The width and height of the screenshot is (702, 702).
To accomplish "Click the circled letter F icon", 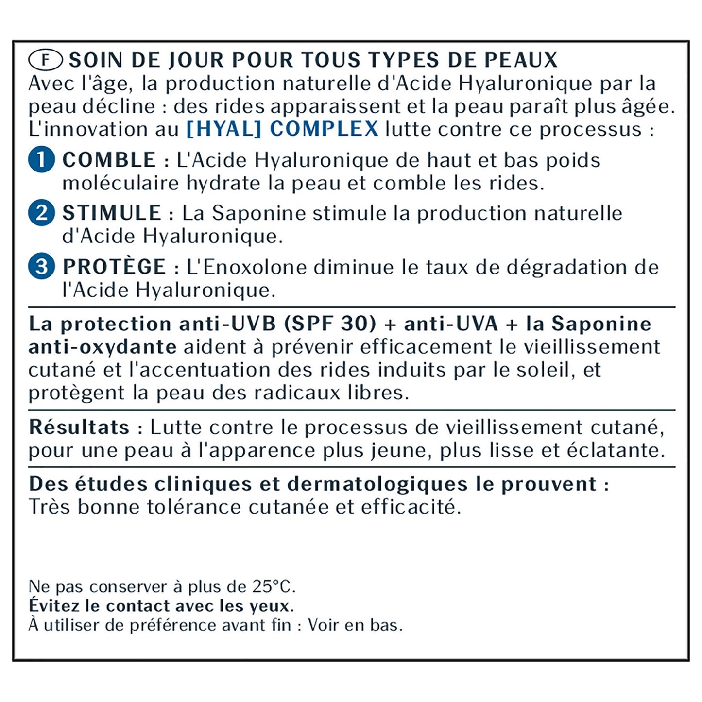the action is [46, 60].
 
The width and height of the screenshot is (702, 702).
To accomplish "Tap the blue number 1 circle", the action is [41, 159].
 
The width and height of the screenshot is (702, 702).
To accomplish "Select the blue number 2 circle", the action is [41, 213].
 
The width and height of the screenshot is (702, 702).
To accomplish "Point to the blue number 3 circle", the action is [41, 266].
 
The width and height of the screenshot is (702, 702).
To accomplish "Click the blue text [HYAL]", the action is [224, 129].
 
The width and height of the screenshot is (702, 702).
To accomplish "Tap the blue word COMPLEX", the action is [324, 129].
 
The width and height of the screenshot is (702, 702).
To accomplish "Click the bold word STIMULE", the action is [112, 213].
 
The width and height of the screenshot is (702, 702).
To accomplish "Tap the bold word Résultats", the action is [79, 427].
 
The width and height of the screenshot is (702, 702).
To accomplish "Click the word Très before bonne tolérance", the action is [49, 507].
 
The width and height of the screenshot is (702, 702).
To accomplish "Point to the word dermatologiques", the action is [377, 485].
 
